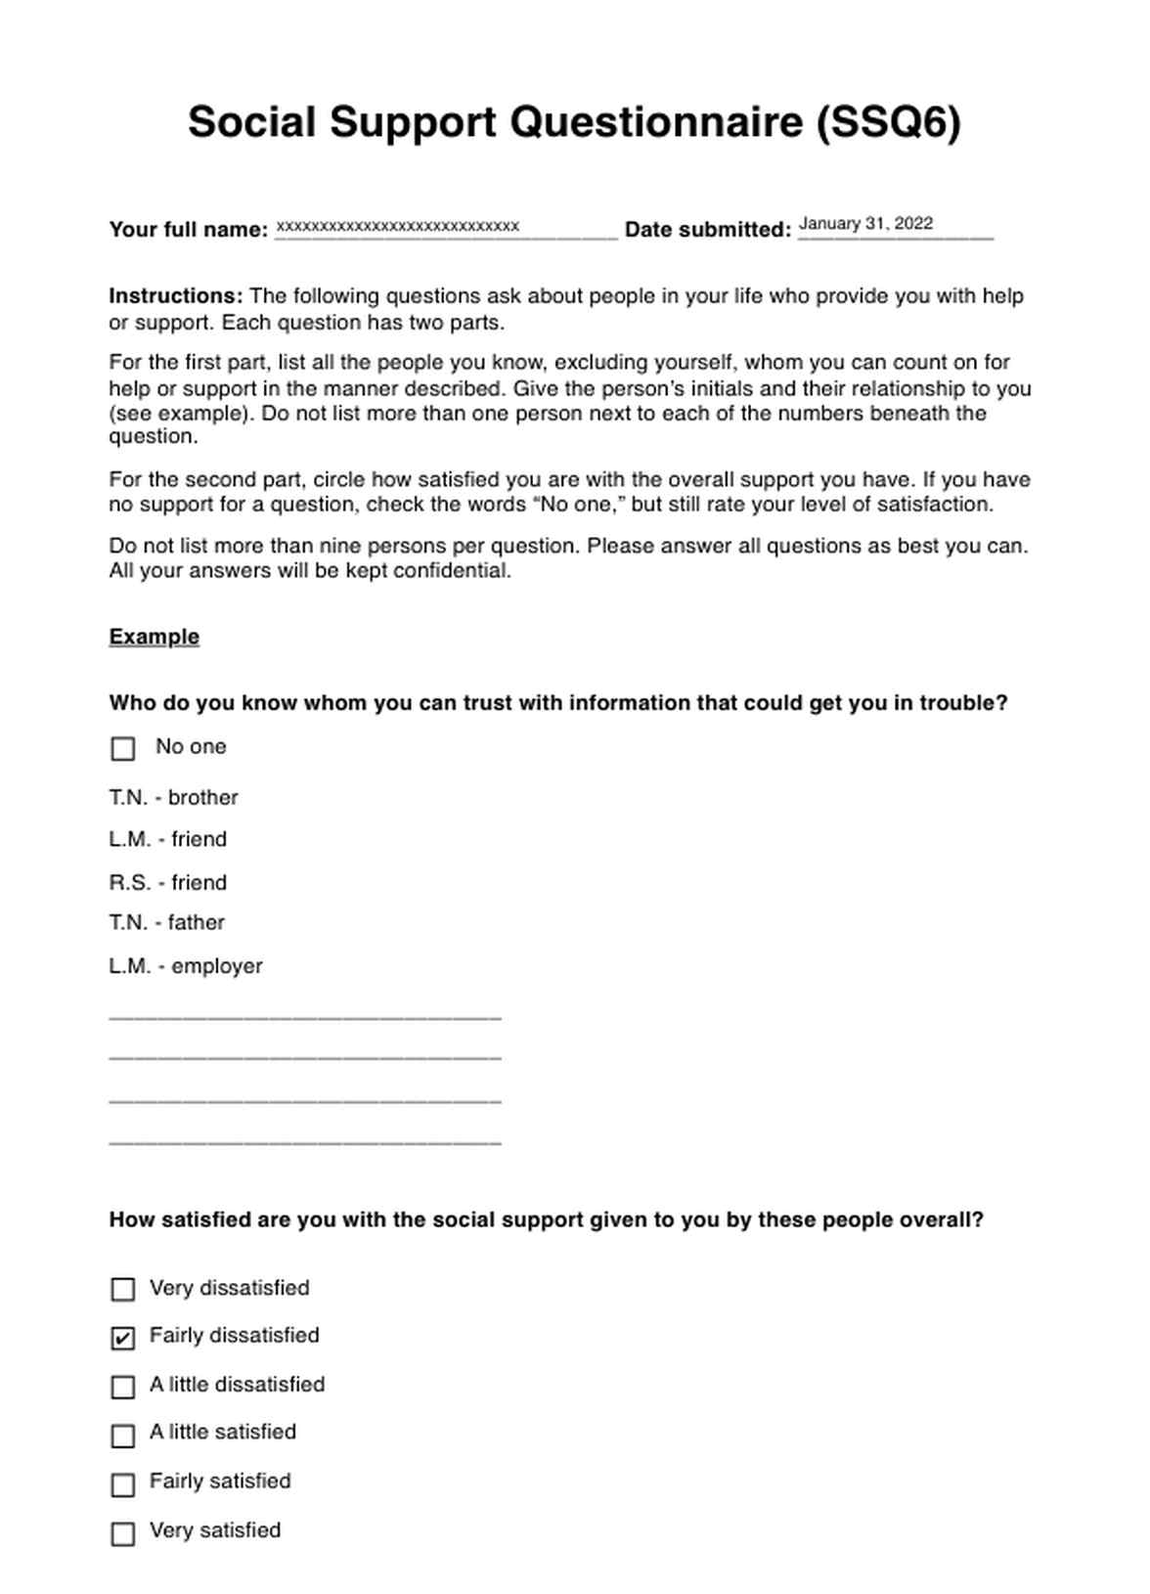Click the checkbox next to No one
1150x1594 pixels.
point(123,749)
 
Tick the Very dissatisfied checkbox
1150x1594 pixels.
point(123,1290)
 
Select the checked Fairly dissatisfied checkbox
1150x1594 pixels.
point(123,1338)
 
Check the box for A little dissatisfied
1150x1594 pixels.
point(123,1387)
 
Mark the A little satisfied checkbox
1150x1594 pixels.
point(123,1436)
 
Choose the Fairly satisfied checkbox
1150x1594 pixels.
point(123,1484)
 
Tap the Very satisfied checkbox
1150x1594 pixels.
point(123,1533)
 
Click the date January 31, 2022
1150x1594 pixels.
point(865,224)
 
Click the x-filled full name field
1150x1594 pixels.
point(397,227)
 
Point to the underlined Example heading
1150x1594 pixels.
point(155,637)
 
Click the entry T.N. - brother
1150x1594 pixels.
point(174,798)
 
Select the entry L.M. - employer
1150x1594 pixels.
point(186,966)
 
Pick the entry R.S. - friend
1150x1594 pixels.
point(168,883)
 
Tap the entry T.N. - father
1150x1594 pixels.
point(167,923)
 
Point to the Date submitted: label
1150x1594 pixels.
point(708,230)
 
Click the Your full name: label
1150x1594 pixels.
point(189,230)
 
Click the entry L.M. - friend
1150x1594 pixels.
point(168,840)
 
